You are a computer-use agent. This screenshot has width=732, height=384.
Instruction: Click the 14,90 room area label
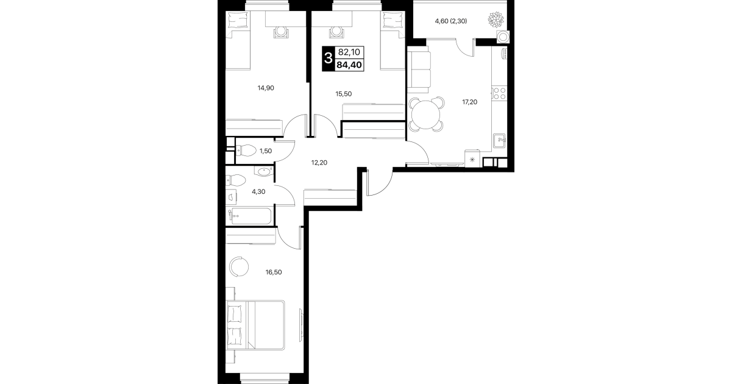266,88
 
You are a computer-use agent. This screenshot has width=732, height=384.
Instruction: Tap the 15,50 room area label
344,94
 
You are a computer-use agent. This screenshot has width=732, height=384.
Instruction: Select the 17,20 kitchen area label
469,102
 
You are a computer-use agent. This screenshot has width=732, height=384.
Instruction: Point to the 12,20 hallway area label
319,162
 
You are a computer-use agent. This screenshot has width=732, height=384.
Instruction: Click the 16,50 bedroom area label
274,272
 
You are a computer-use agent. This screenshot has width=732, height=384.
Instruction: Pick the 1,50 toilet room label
266,151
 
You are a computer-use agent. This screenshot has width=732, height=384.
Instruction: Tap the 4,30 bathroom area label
258,191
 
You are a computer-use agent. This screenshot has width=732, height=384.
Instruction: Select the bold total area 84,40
349,65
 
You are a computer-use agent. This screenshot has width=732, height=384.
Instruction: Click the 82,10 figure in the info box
349,52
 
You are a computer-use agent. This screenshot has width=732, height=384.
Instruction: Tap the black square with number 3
328,59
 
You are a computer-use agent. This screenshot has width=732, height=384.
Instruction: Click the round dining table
426,115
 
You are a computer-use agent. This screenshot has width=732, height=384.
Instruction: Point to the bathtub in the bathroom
251,216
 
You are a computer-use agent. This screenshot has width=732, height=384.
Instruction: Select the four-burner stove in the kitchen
499,93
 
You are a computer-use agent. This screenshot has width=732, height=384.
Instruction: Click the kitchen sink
499,141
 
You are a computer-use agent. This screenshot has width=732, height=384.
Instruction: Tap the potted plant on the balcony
496,20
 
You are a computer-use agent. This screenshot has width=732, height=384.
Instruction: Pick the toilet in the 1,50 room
246,151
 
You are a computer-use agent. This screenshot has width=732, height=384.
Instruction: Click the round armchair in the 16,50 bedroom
239,267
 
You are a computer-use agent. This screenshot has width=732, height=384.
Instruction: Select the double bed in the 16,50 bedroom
255,325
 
